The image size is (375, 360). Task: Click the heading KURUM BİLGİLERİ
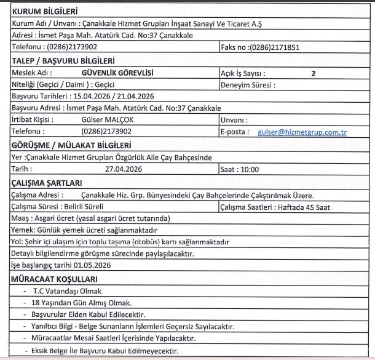tap(42, 11)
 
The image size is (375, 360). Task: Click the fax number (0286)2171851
tap(274, 47)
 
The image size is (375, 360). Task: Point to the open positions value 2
tap(313, 74)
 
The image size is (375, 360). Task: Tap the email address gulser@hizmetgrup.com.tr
tap(302, 132)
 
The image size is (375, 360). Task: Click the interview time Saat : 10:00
tap(240, 169)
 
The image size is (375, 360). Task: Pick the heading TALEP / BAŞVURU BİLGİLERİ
tap(63, 60)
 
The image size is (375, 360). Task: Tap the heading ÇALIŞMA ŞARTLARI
tap(47, 183)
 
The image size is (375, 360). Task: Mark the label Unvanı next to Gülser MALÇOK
tap(234, 120)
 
